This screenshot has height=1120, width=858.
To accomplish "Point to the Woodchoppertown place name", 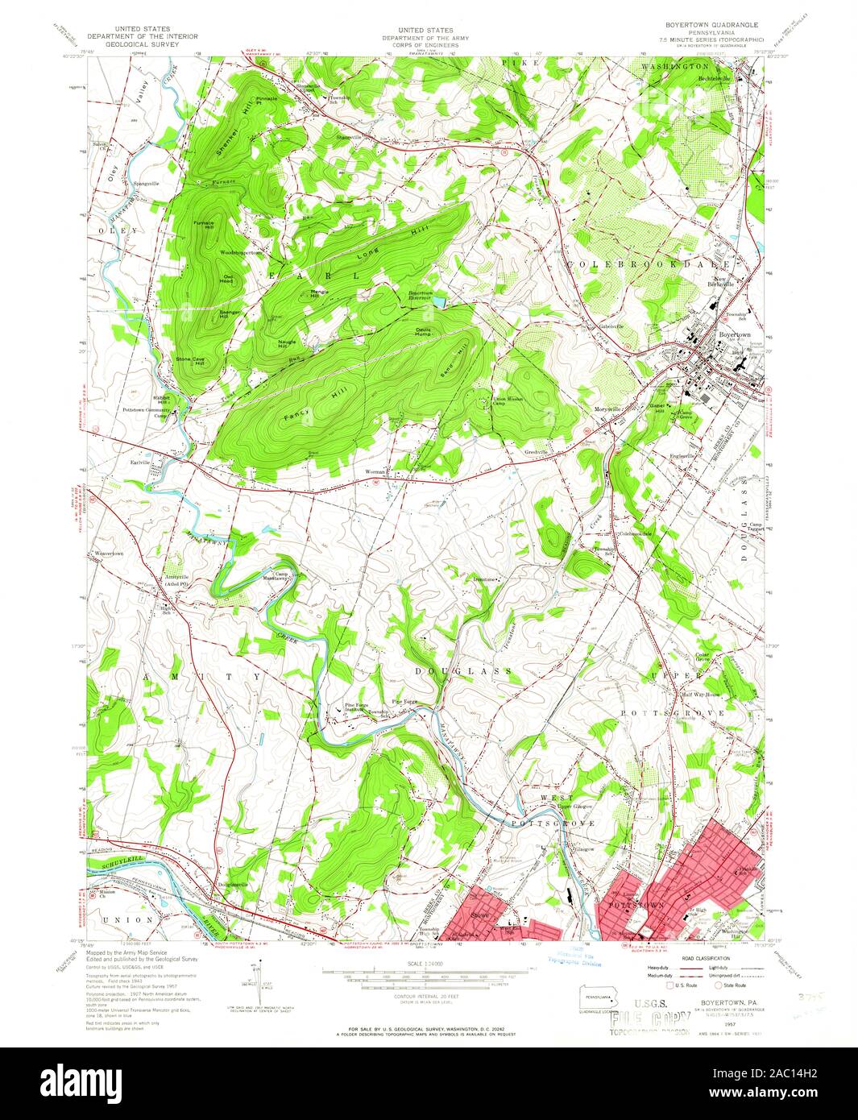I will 241,252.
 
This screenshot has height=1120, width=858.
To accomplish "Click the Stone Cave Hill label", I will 189,362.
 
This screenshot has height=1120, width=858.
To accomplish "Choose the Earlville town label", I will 141,463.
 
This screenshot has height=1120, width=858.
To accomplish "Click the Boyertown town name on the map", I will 734,334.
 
